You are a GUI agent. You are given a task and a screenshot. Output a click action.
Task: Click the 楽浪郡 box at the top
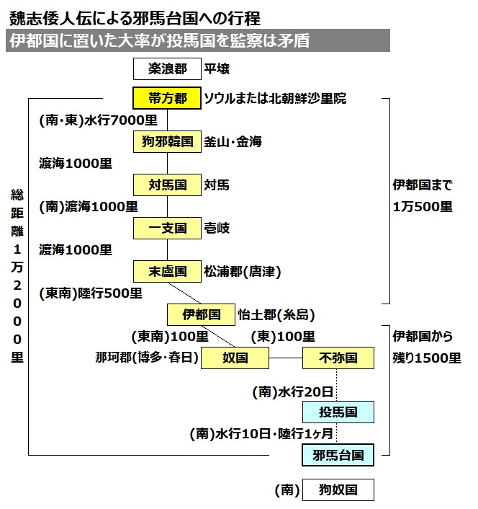pyautogui.click(x=168, y=70)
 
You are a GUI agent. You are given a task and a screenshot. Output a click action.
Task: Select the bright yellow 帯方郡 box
pyautogui.click(x=168, y=98)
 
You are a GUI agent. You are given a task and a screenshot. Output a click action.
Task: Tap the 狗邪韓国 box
pyautogui.click(x=168, y=142)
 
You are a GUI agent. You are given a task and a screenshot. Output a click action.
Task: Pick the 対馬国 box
pyautogui.click(x=168, y=185)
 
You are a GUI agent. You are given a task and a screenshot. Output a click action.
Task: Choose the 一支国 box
pyautogui.click(x=168, y=229)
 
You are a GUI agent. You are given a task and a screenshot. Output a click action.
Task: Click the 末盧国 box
pyautogui.click(x=168, y=272)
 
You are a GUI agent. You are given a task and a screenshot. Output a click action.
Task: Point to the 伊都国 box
pyautogui.click(x=202, y=314)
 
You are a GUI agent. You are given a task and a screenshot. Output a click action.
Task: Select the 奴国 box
pyautogui.click(x=235, y=358)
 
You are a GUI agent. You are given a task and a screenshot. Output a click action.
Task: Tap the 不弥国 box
pyautogui.click(x=338, y=358)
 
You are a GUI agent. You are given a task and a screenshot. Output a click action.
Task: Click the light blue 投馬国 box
pyautogui.click(x=338, y=412)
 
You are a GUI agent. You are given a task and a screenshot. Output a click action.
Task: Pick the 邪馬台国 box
pyautogui.click(x=338, y=455)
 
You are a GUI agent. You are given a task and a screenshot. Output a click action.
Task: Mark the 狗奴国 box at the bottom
pyautogui.click(x=338, y=490)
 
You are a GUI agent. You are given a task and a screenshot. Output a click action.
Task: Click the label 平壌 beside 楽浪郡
pyautogui.click(x=217, y=70)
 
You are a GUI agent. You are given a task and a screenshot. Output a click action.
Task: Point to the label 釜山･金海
pyautogui.click(x=233, y=142)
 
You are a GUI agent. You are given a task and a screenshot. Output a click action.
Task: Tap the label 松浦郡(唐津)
pyautogui.click(x=242, y=272)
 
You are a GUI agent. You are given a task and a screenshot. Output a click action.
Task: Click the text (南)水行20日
pyautogui.click(x=293, y=392)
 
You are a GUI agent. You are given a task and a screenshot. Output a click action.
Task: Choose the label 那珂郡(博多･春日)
pyautogui.click(x=147, y=358)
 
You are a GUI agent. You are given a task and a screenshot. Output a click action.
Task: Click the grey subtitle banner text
pyautogui.click(x=158, y=41)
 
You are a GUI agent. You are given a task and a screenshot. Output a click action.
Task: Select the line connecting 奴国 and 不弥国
pyautogui.click(x=285, y=358)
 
